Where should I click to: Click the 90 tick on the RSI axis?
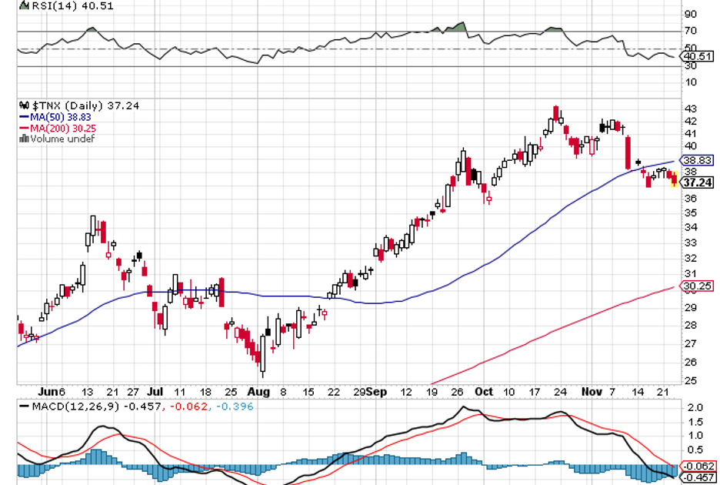[x=690, y=14]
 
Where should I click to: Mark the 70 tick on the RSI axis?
[x=690, y=31]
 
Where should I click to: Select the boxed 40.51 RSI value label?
[x=697, y=56]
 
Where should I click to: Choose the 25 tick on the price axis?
[x=690, y=380]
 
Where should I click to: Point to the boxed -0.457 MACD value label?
[x=699, y=477]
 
